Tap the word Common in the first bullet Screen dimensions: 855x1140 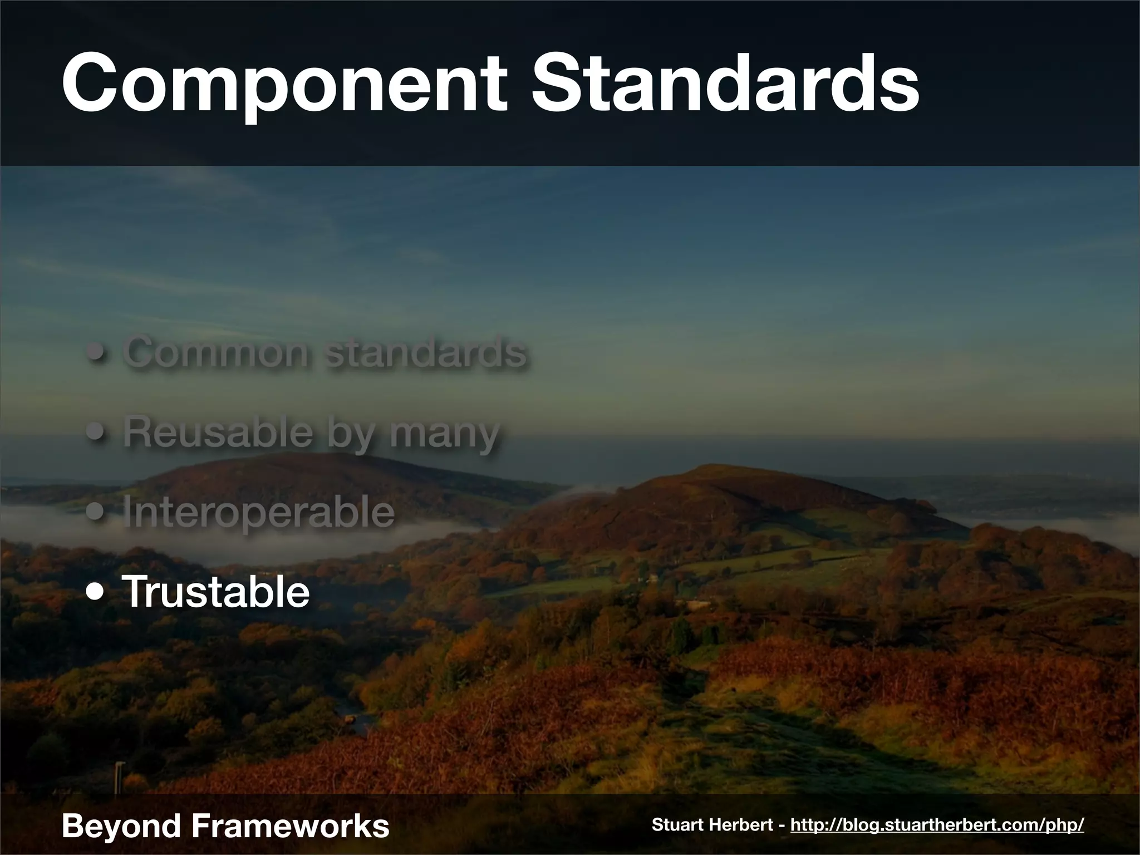tap(215, 352)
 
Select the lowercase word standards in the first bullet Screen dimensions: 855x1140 tap(426, 352)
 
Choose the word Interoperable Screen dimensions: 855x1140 tap(258, 512)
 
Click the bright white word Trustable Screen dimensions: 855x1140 tap(215, 592)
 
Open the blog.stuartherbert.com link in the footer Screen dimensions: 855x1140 tap(937, 825)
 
